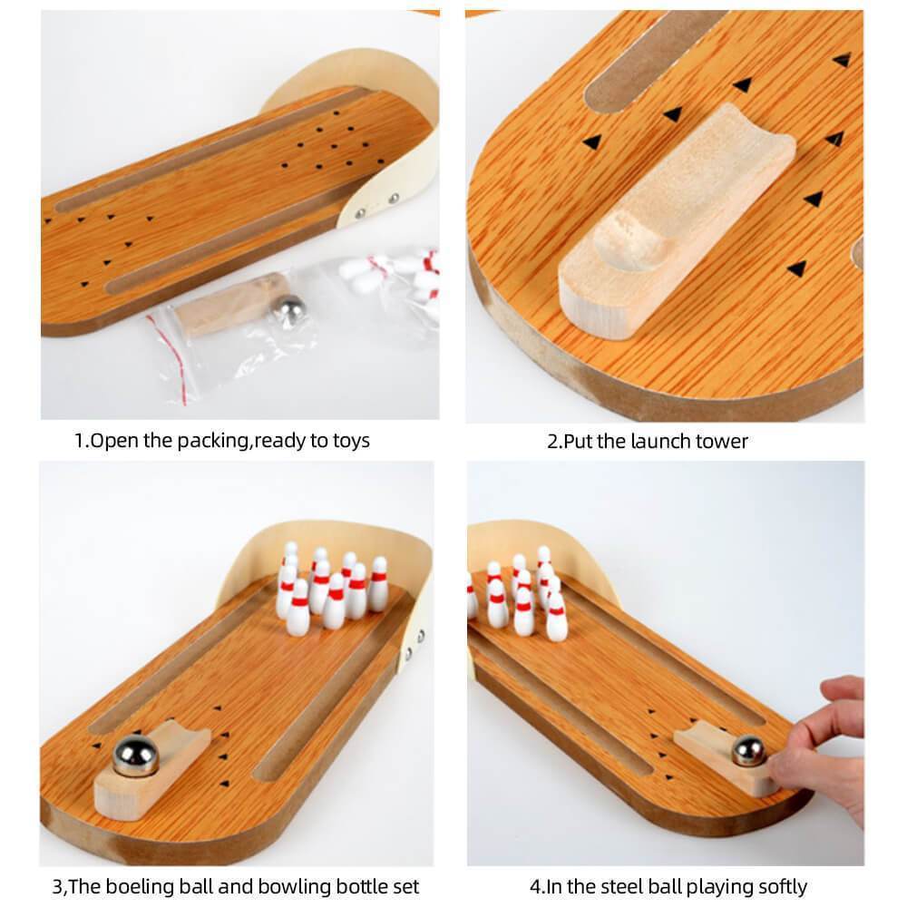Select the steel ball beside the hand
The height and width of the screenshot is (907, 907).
(749, 750)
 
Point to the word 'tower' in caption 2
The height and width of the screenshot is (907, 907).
(722, 442)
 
